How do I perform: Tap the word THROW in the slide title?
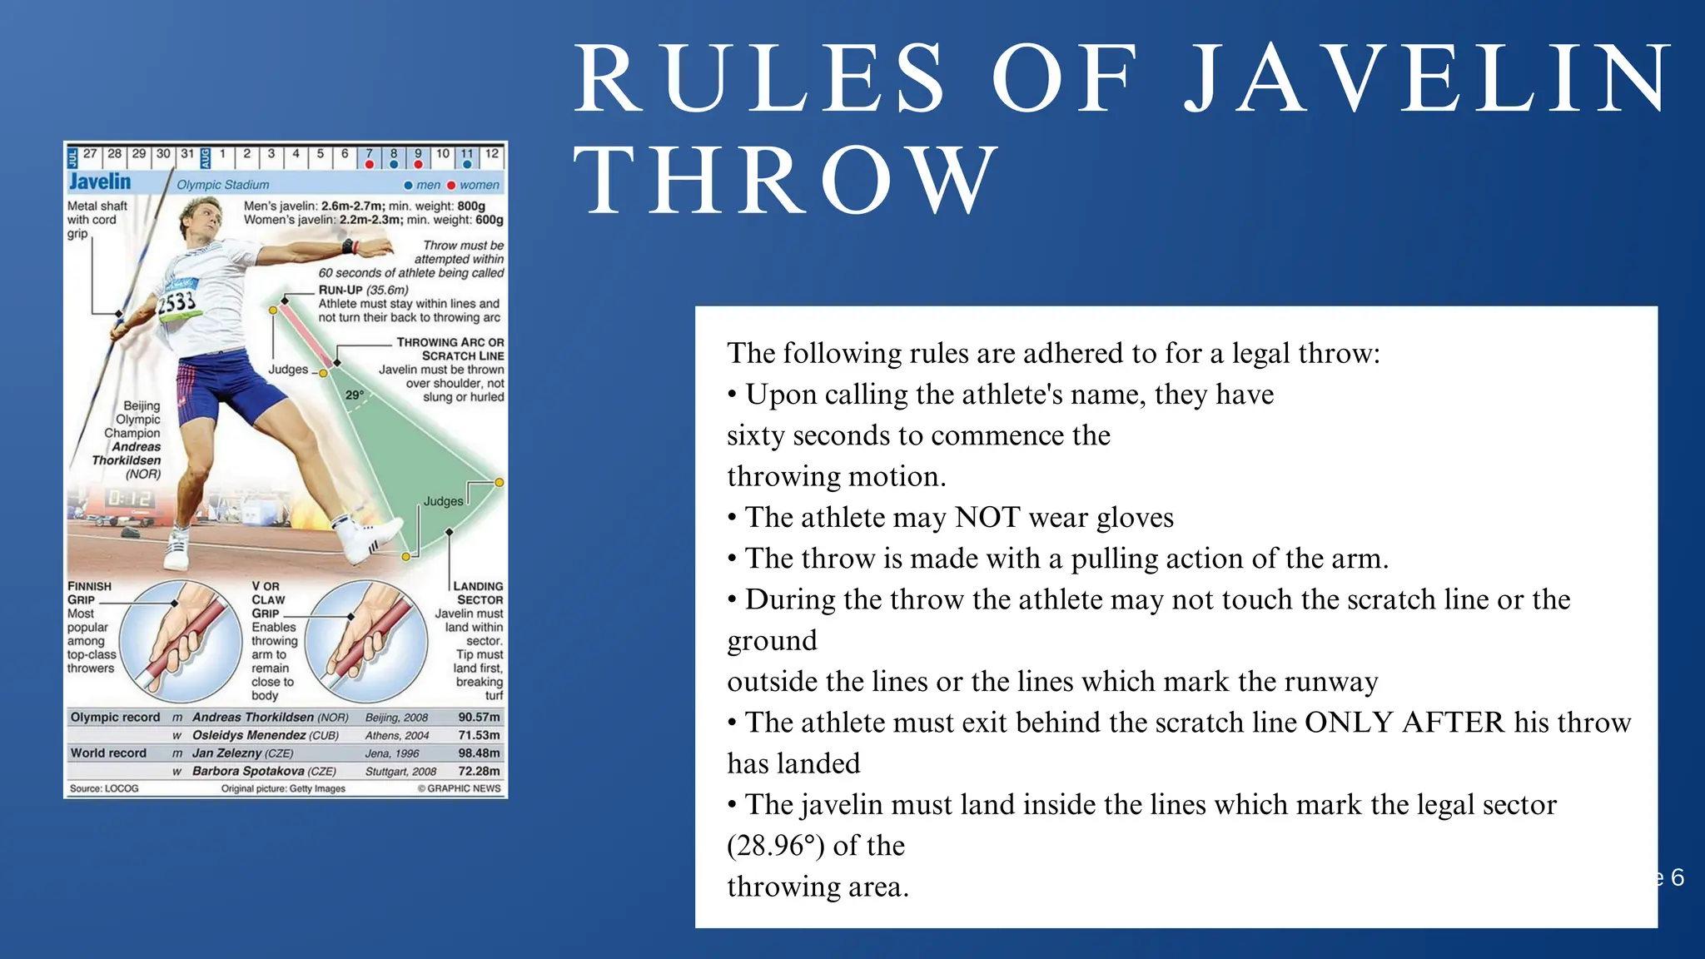[788, 180]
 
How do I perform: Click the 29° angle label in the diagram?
[355, 395]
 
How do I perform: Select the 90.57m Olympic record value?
[479, 717]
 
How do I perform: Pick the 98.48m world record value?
[479, 753]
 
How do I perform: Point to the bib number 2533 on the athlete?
[176, 301]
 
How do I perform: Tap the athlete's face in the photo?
[200, 220]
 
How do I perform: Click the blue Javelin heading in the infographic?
[100, 181]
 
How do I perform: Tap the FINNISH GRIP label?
[89, 593]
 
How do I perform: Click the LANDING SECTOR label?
[478, 593]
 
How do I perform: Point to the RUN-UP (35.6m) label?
[364, 290]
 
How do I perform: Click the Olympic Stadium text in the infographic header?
[223, 185]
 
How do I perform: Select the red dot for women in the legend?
[451, 185]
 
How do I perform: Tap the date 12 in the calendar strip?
[492, 154]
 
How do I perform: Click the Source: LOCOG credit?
[104, 788]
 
